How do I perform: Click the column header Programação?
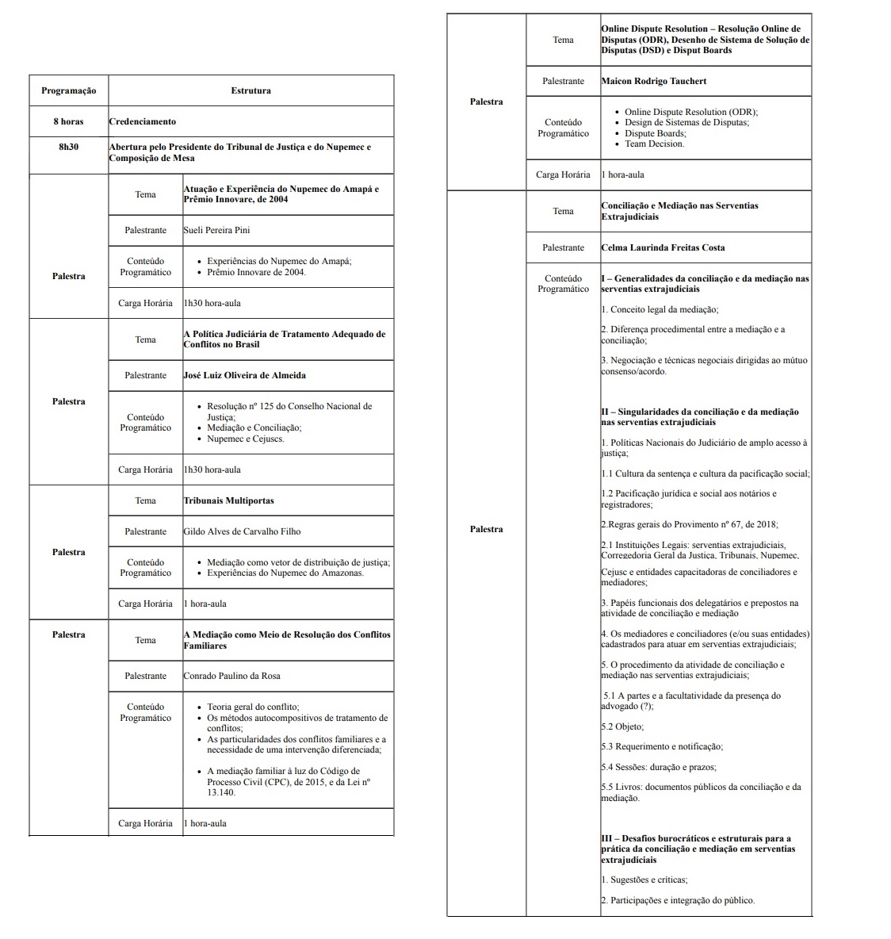click(x=69, y=90)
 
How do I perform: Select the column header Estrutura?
click(x=250, y=90)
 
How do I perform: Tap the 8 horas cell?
click(x=69, y=121)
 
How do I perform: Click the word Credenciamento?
click(x=143, y=121)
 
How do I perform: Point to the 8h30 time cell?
click(x=69, y=147)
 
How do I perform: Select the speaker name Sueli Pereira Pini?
click(x=216, y=230)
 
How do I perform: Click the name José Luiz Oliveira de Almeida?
click(x=244, y=375)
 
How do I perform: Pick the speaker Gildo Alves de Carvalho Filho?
click(x=242, y=531)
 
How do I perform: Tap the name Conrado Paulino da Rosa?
click(x=231, y=676)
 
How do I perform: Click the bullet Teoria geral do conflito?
click(x=253, y=707)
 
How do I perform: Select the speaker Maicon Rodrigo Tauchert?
click(x=653, y=81)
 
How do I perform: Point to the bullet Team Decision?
click(x=654, y=144)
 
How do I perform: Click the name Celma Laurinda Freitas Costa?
click(x=663, y=247)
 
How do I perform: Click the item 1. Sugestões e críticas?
click(x=644, y=880)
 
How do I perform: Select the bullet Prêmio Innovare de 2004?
click(x=256, y=272)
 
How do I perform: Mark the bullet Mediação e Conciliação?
click(x=254, y=427)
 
